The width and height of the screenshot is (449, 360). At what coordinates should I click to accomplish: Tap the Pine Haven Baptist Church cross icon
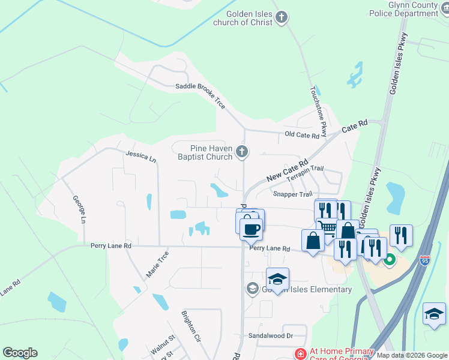point(242,151)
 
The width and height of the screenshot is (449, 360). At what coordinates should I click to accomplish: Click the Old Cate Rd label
point(302,135)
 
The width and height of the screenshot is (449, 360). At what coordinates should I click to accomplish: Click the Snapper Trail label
point(292,194)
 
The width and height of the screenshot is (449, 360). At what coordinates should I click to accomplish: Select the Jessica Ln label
point(140,157)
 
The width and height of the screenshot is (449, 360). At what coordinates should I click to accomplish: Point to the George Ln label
point(79,209)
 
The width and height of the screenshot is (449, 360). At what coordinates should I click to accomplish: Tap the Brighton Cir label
point(191,326)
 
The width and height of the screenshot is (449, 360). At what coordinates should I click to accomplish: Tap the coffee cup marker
point(251,228)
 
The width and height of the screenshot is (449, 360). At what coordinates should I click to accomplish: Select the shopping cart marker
point(327,227)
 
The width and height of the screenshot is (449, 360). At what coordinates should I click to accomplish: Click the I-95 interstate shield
point(425,261)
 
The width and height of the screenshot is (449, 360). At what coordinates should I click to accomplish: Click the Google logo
point(20,353)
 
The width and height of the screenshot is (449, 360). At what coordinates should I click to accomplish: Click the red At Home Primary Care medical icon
point(300,354)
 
